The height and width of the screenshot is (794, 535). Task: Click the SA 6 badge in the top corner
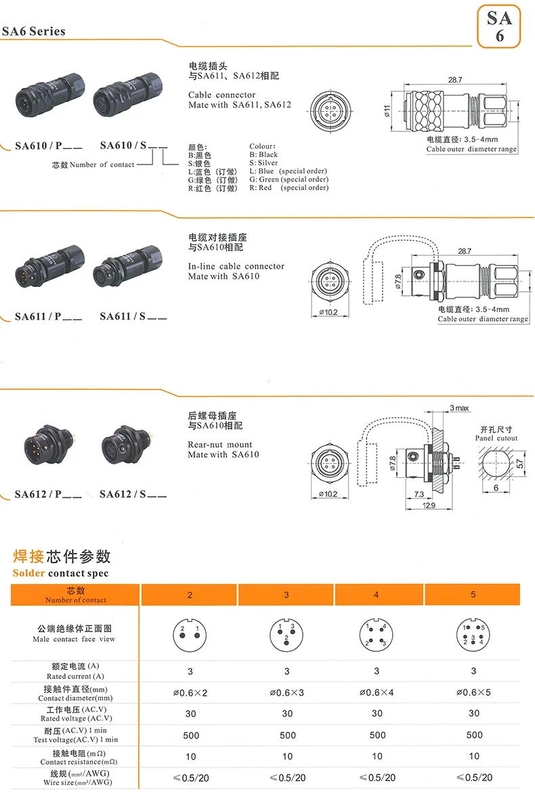tap(499, 26)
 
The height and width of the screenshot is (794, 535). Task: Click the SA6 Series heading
tap(33, 31)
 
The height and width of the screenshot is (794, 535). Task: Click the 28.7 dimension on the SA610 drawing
tap(455, 80)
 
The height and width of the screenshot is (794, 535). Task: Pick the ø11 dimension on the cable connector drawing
tap(387, 111)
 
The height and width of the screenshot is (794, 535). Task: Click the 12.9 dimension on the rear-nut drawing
tap(429, 506)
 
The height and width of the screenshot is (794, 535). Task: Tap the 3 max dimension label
tap(459, 408)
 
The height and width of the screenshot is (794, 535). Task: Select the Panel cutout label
tap(496, 439)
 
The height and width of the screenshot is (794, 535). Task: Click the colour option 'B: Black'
tap(263, 154)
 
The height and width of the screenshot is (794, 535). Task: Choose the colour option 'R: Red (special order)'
tap(288, 188)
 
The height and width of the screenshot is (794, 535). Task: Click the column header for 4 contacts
tap(376, 594)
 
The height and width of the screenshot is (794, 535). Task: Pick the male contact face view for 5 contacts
tap(473, 634)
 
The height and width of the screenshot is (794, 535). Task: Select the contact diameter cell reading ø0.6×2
tap(190, 692)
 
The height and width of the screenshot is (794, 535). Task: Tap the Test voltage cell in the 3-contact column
tap(287, 734)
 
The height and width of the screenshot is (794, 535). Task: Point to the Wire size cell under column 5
tap(473, 777)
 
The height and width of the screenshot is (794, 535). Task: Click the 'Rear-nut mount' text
tap(220, 445)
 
